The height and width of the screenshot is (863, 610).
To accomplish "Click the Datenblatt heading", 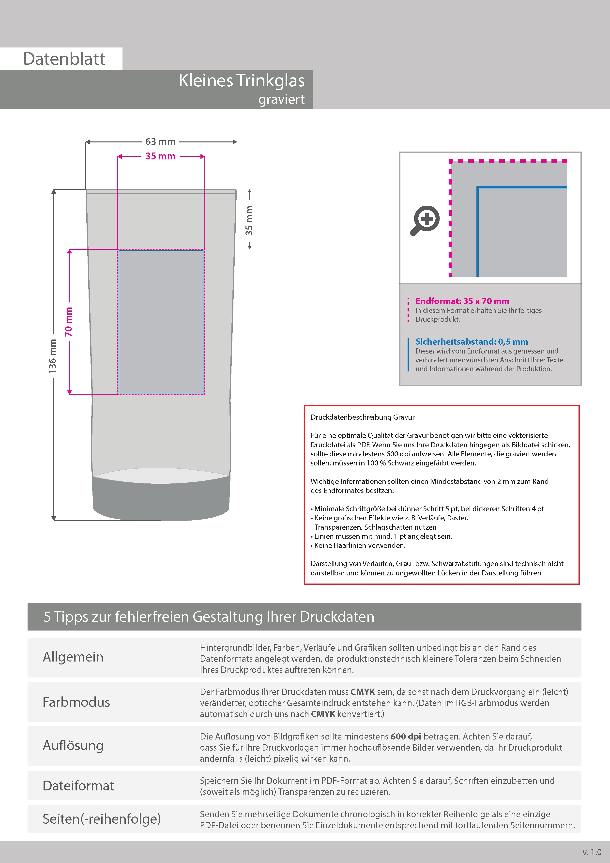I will tap(64, 59).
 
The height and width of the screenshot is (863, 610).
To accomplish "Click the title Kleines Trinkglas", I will tap(241, 80).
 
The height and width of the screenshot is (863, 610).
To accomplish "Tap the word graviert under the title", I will tap(281, 99).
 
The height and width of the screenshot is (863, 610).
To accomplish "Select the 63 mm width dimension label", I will tap(160, 142).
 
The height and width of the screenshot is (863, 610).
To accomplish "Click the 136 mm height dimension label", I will tap(53, 356).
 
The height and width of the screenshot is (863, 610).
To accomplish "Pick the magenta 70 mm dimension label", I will tap(68, 322).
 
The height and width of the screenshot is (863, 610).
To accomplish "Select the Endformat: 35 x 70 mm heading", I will tap(462, 301).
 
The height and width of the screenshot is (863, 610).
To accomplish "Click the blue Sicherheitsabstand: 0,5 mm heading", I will tap(471, 342).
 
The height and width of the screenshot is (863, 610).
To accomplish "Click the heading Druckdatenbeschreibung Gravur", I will tap(362, 417).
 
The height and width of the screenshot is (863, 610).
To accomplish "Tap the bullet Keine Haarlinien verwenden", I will tap(359, 545).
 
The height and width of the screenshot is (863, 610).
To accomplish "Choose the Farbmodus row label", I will tap(76, 702).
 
